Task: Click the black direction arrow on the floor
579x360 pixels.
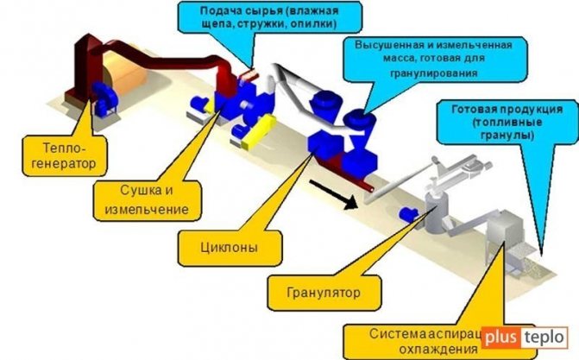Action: pos(333,198)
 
